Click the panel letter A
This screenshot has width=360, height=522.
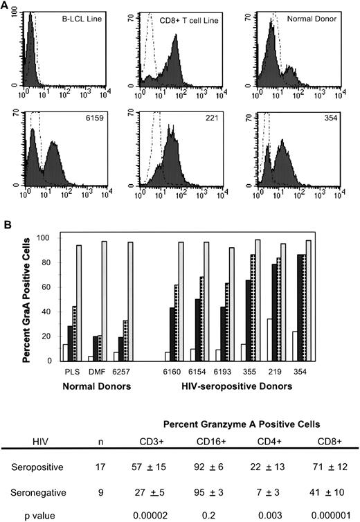[x=7, y=7]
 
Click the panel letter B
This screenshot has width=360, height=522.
[x=7, y=226]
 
